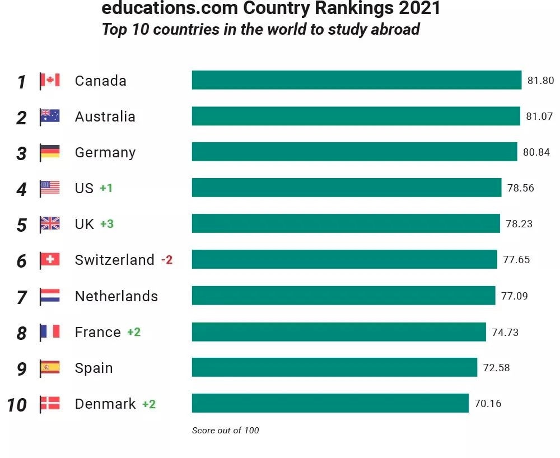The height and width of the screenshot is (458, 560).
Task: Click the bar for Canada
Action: tap(356, 80)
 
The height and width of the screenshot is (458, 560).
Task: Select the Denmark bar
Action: tap(330, 403)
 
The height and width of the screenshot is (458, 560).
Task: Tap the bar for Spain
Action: tap(334, 367)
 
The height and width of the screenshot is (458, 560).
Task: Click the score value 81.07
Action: tap(539, 116)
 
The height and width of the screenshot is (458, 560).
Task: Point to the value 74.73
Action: tap(505, 332)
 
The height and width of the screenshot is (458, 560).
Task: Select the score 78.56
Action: tap(521, 188)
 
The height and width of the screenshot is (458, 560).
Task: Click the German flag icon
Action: tap(50, 152)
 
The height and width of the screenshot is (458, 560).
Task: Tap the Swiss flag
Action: tap(50, 260)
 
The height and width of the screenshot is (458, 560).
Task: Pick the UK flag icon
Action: tap(50, 224)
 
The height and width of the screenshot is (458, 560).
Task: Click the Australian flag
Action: tap(50, 116)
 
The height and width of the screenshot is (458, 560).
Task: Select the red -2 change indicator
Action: tap(167, 260)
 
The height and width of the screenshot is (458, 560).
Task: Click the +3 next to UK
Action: tap(107, 224)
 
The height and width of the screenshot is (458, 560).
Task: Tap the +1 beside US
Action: tap(106, 188)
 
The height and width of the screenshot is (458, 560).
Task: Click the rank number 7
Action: tap(22, 297)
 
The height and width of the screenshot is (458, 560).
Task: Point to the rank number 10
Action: tap(17, 405)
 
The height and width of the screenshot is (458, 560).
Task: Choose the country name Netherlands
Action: tap(116, 296)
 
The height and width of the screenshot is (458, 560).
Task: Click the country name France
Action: tap(98, 332)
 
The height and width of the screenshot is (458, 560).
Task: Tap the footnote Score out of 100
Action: tap(226, 431)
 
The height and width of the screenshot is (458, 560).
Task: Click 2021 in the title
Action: tap(415, 8)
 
